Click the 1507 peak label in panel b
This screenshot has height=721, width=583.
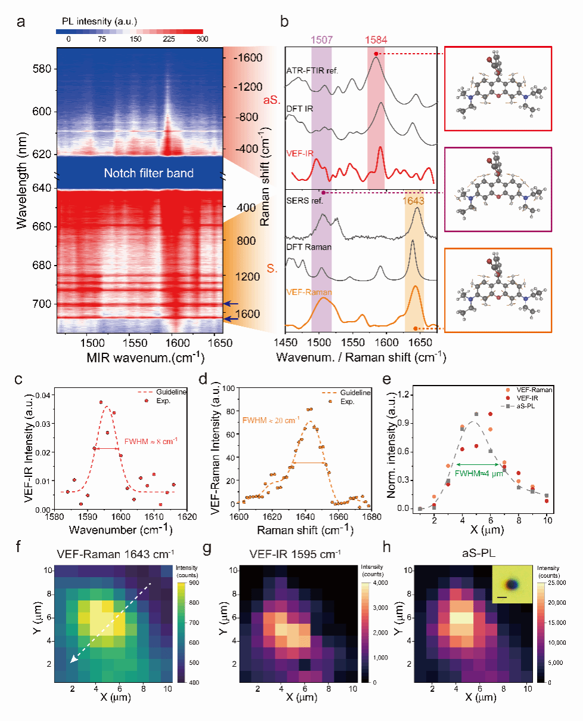tap(321, 39)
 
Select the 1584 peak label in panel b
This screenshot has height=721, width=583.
tap(376, 39)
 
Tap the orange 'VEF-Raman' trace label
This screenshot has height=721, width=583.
tap(309, 293)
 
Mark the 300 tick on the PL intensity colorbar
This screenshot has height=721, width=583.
tap(203, 39)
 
